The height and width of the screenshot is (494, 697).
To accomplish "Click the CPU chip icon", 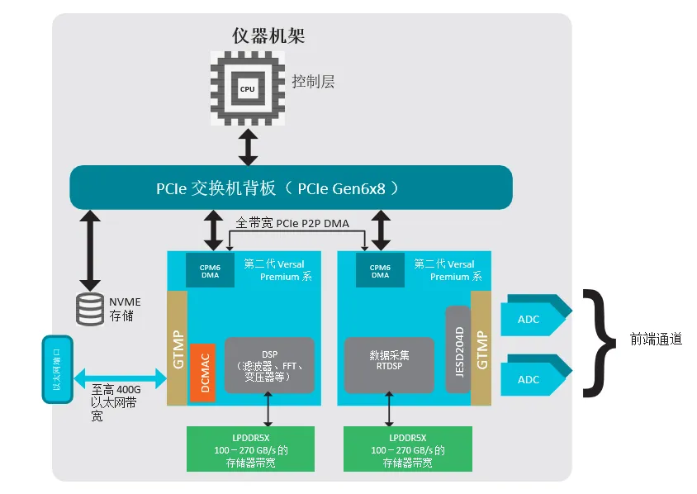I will (247, 88).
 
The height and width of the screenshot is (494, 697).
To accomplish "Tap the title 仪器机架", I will (270, 36).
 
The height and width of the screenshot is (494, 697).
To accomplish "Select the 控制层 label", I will (313, 82).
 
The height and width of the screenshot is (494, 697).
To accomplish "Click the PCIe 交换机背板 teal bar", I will (290, 188).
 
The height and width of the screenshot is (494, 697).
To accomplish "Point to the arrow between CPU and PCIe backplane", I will (247, 147).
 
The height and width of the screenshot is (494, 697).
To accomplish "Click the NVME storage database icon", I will (89, 308).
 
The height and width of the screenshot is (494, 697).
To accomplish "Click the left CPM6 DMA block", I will (210, 271).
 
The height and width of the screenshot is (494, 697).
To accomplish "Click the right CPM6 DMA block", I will (380, 271).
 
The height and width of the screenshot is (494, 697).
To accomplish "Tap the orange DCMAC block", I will (202, 373).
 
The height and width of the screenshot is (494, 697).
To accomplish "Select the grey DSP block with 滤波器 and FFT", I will (269, 365).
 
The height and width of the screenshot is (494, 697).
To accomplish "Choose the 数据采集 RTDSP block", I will (389, 365).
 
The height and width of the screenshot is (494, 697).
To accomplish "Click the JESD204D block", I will (458, 349).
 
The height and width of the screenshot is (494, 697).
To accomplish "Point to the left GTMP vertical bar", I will (177, 348).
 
